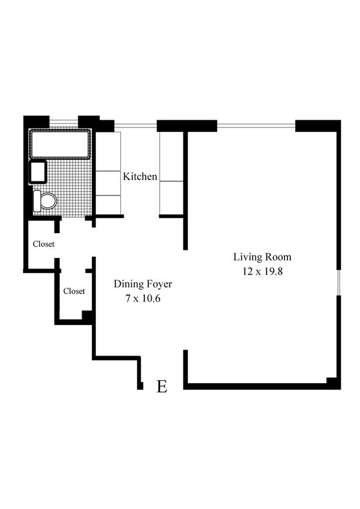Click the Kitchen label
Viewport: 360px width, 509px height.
click(x=140, y=177)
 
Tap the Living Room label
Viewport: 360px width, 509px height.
click(x=262, y=257)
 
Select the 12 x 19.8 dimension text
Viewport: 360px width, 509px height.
click(x=262, y=272)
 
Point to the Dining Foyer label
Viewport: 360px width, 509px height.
click(x=143, y=285)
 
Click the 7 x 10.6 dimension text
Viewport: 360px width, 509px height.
click(x=143, y=299)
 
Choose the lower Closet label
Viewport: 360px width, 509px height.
click(x=74, y=291)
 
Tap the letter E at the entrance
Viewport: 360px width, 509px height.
click(x=162, y=387)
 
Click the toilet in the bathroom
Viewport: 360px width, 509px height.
click(x=45, y=200)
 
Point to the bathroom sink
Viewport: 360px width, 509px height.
click(x=38, y=172)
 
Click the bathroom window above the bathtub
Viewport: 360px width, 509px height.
click(x=64, y=121)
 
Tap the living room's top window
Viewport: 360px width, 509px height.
click(x=256, y=124)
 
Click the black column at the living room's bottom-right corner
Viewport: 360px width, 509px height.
click(x=333, y=382)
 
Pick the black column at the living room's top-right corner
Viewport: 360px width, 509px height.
click(x=317, y=126)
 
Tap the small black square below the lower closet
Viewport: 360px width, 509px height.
click(x=87, y=316)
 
